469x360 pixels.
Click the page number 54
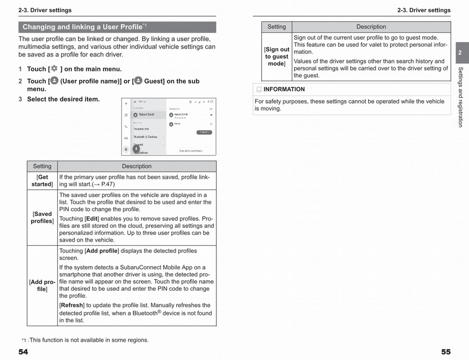point(23,352)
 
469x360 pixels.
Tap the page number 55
point(446,352)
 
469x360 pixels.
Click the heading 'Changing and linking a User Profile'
point(82,27)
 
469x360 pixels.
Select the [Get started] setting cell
point(42,181)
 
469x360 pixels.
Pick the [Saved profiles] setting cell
point(42,217)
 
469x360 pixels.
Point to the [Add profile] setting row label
point(42,285)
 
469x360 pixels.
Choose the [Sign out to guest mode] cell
point(277,56)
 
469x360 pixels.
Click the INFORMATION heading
point(284,89)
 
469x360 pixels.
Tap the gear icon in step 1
point(54,68)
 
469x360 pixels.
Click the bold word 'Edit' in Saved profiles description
point(91,219)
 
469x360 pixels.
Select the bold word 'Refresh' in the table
point(72,305)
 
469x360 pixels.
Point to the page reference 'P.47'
point(107,184)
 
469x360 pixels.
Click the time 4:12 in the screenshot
point(210,101)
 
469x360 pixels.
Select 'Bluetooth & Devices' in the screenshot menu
point(145,137)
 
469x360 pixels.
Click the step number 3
point(20,99)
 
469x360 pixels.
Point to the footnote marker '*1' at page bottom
point(24,340)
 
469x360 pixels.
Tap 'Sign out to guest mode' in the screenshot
point(191,150)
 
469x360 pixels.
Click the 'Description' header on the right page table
point(371,27)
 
